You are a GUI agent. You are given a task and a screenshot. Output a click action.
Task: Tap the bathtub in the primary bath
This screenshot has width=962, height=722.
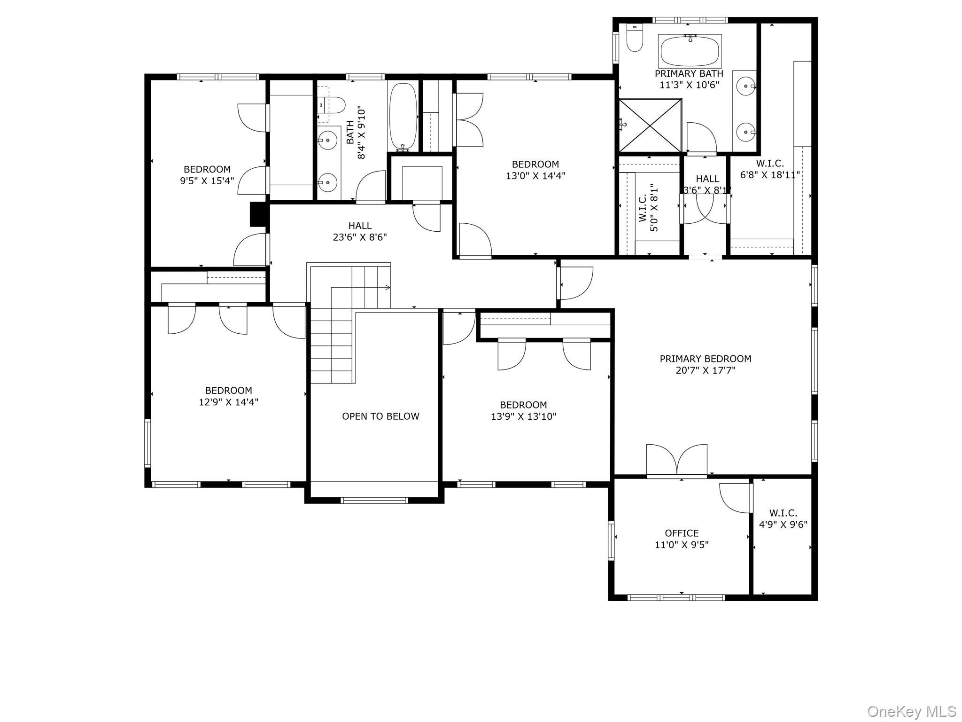pos(690,51)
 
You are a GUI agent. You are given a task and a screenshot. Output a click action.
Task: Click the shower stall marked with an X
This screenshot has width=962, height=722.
pos(650,125)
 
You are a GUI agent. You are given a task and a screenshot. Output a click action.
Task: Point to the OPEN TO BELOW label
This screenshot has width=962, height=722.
pos(380,416)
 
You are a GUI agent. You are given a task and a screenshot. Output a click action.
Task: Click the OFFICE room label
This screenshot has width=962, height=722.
pos(682,534)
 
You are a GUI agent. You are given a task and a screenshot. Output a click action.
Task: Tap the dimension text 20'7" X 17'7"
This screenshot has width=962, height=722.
pos(706,370)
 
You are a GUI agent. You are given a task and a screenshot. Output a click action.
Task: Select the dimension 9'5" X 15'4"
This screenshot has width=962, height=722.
pos(207,181)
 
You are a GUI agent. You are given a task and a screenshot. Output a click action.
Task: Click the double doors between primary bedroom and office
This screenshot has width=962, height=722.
pos(677,461)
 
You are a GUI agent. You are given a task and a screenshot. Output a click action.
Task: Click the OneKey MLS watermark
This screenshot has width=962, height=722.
pos(912,711)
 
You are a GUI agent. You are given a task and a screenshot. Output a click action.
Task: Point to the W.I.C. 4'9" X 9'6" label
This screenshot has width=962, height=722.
pos(783,519)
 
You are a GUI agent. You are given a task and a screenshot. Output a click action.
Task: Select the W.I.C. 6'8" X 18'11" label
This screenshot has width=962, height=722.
pos(770,169)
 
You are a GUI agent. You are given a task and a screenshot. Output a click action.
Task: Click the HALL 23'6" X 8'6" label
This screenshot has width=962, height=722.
pos(360,232)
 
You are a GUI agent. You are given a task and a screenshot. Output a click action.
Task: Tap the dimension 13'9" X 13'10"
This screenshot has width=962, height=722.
pos(524,416)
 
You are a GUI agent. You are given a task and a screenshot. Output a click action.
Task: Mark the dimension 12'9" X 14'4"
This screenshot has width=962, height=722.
pos(229,402)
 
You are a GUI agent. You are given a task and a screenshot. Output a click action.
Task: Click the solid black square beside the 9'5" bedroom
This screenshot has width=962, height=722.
pos(258,214)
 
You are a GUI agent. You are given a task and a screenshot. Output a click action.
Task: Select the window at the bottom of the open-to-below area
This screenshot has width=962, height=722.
pos(374,500)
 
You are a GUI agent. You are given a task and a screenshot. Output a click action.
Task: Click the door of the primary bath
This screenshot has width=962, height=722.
pos(702,137)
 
